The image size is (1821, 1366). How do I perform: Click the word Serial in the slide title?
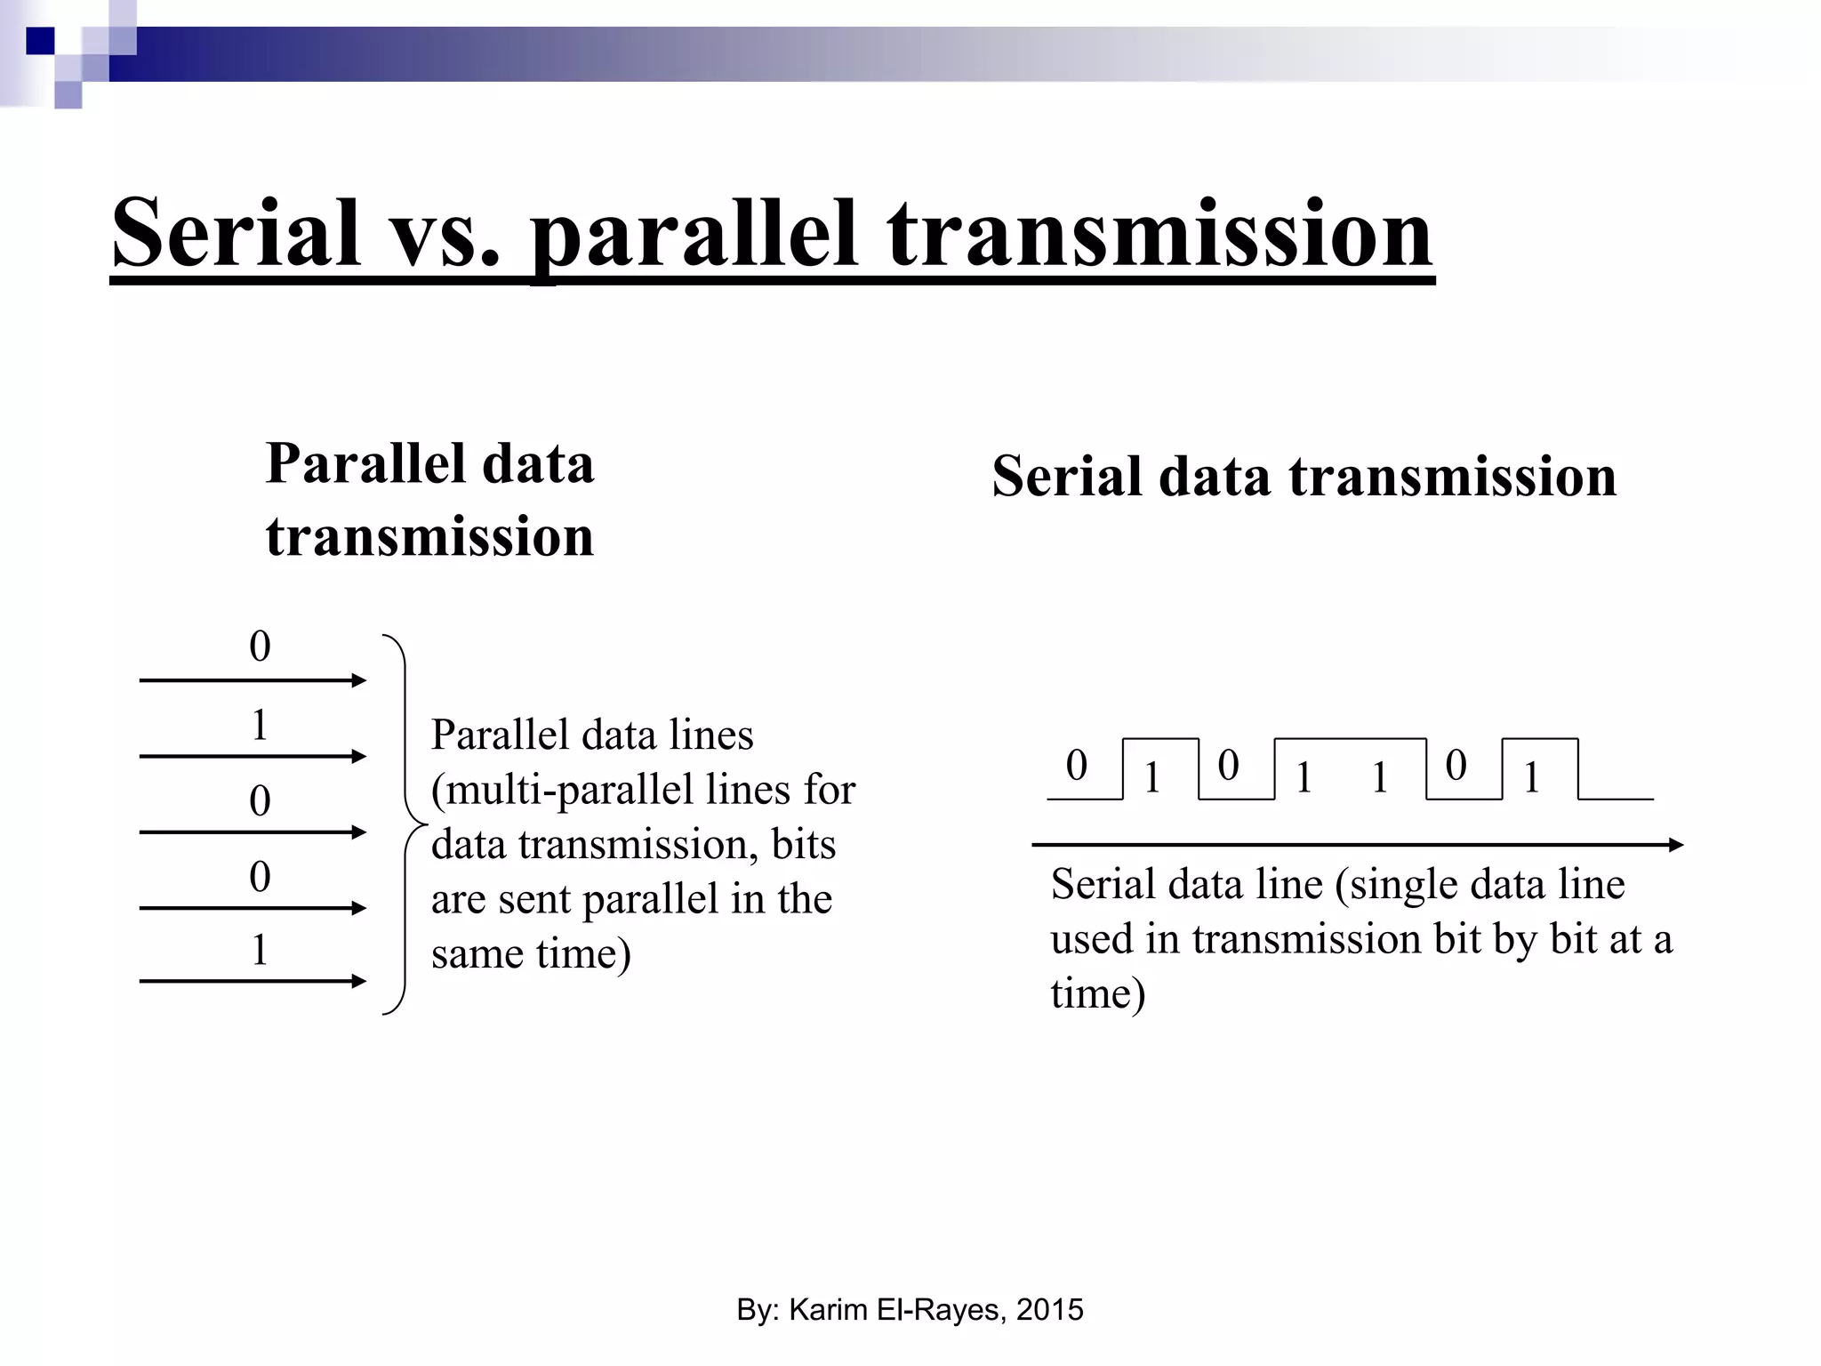pyautogui.click(x=236, y=233)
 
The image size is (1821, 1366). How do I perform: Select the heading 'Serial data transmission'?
pyautogui.click(x=1304, y=476)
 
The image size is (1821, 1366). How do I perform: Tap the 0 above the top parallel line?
pyautogui.click(x=260, y=647)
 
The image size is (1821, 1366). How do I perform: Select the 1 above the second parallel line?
pyautogui.click(x=260, y=725)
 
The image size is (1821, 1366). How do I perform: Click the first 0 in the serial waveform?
pyautogui.click(x=1077, y=765)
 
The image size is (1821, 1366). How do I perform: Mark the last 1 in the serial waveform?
pyautogui.click(x=1531, y=778)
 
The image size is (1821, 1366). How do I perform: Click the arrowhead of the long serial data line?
pyautogui.click(x=1675, y=845)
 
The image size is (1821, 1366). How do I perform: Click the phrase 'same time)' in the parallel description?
pyautogui.click(x=531, y=953)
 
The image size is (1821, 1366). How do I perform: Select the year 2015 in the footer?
pyautogui.click(x=1049, y=1310)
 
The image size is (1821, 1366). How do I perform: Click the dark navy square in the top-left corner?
pyautogui.click(x=40, y=41)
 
